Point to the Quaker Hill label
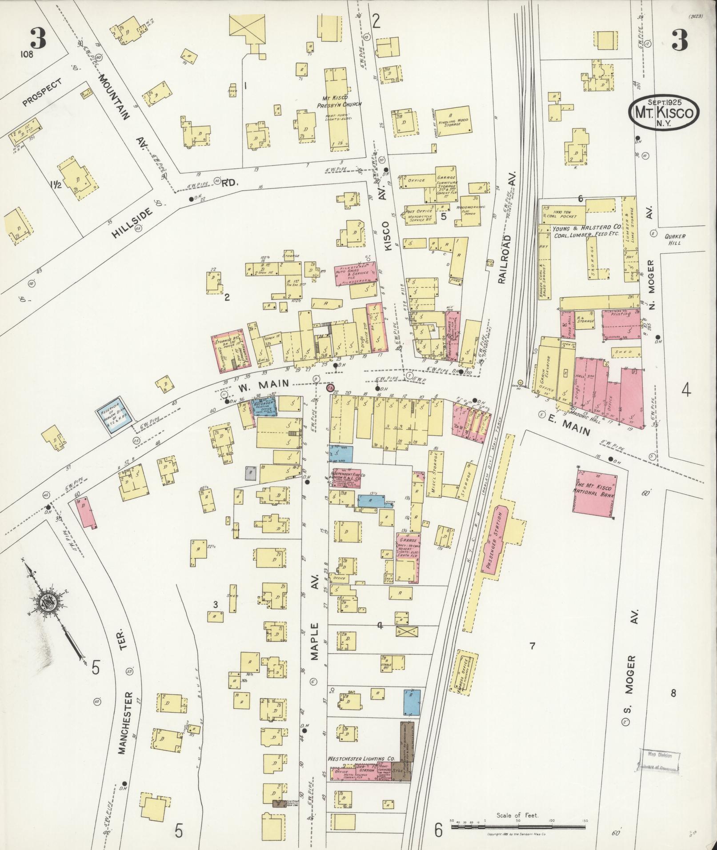pos(675,240)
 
